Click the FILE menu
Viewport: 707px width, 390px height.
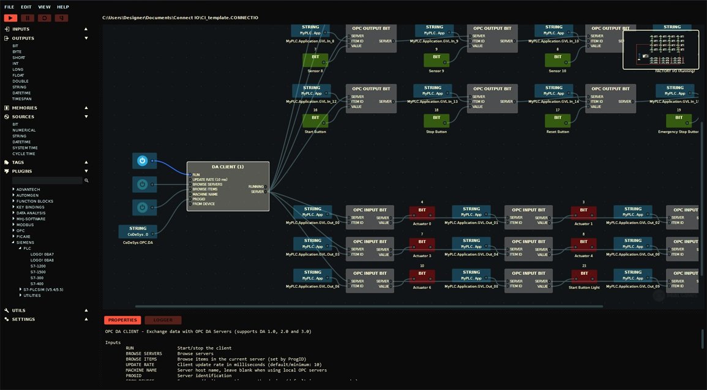pyautogui.click(x=9, y=7)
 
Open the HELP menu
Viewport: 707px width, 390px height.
pyautogui.click(x=63, y=7)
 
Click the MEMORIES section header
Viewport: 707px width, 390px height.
pyautogui.click(x=24, y=108)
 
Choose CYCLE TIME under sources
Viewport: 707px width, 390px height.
pyautogui.click(x=24, y=154)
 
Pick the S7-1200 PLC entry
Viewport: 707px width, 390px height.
pyautogui.click(x=38, y=266)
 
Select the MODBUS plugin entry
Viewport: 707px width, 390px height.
pyautogui.click(x=25, y=225)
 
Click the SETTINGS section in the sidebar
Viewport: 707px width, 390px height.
pyautogui.click(x=23, y=319)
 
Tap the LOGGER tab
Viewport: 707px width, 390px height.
pyautogui.click(x=163, y=320)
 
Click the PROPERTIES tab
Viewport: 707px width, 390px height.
pyautogui.click(x=122, y=320)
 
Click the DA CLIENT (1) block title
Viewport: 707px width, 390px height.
pyautogui.click(x=228, y=167)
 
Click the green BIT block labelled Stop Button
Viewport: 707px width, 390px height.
pyautogui.click(x=436, y=120)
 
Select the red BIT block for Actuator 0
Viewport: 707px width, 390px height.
pyautogui.click(x=422, y=212)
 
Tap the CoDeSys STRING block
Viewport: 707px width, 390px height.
pyautogui.click(x=138, y=231)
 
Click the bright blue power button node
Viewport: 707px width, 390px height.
pyautogui.click(x=142, y=161)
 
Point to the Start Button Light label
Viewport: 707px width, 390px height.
pyautogui.click(x=583, y=287)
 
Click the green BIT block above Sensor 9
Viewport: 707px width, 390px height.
pyautogui.click(x=436, y=59)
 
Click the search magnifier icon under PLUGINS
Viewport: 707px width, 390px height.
pyautogui.click(x=86, y=181)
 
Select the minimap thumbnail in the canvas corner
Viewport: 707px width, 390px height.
pyautogui.click(x=660, y=50)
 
